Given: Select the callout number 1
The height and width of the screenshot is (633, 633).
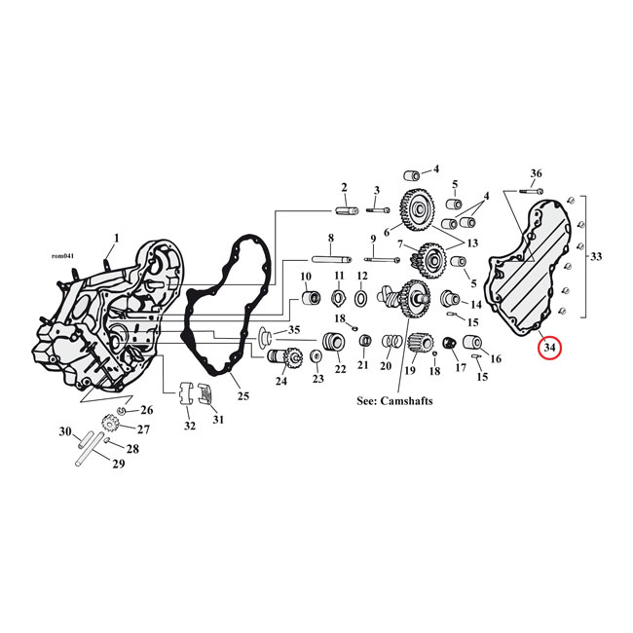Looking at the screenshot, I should click(x=116, y=238).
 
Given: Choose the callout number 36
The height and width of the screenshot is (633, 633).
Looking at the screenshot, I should click(x=535, y=173).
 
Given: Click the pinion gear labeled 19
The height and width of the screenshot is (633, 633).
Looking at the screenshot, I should click(x=420, y=344).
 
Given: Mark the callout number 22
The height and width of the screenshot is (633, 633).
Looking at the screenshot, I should click(x=340, y=369).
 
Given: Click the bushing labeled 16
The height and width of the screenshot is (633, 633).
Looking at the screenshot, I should click(x=474, y=343).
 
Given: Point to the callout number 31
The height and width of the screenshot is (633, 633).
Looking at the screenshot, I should click(x=217, y=419).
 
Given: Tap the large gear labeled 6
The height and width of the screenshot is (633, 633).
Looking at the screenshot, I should click(x=419, y=207).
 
